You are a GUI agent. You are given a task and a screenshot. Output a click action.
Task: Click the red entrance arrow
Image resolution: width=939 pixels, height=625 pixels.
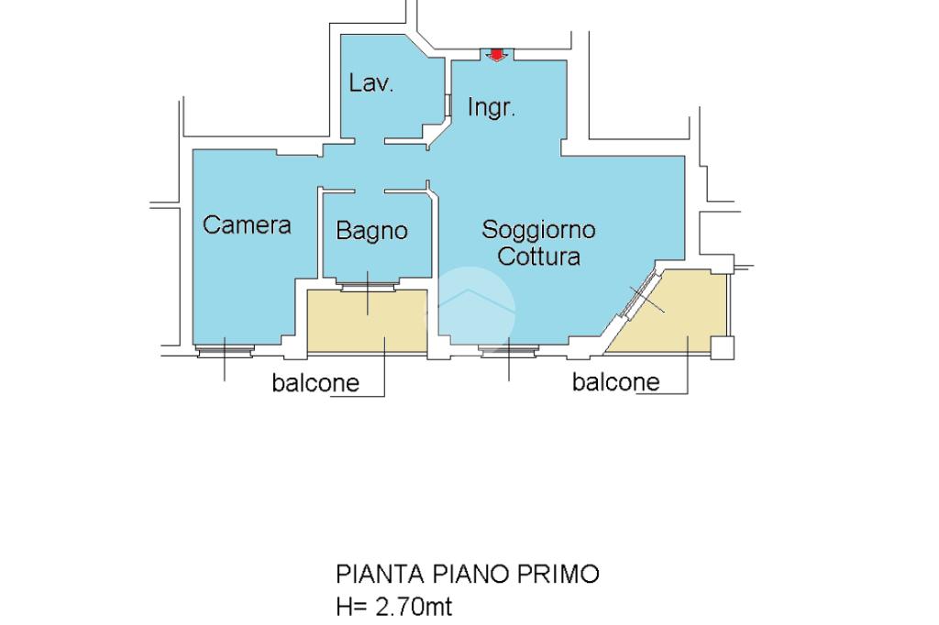(496, 54)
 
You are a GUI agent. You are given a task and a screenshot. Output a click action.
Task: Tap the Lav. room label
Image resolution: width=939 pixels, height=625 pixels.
(371, 82)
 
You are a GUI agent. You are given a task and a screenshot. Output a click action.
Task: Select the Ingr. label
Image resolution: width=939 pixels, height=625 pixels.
(492, 108)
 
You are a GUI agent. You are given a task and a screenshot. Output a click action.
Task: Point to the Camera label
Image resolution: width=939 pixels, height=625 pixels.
(247, 225)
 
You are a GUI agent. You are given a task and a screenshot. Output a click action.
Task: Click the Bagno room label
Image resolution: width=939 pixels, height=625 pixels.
(372, 231)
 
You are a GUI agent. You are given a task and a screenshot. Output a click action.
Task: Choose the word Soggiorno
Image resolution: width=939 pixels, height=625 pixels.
(538, 230)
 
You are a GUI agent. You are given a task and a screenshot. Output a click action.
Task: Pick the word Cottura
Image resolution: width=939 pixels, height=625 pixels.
(538, 257)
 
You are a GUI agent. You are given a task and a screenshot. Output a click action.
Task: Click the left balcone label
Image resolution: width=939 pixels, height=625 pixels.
(315, 383)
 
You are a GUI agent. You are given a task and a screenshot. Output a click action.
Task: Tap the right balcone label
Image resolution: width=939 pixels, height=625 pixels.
(615, 382)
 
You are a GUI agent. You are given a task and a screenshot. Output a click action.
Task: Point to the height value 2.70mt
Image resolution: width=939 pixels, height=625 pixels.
(414, 607)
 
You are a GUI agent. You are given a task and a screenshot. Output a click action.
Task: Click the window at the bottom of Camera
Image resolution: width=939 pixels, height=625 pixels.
(226, 351)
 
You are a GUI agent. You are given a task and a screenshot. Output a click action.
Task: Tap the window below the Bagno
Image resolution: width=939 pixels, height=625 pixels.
(368, 285)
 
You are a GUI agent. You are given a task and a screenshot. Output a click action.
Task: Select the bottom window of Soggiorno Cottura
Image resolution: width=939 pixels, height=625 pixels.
(508, 351)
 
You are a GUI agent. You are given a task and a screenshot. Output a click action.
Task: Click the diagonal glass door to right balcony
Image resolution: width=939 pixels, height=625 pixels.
(639, 294)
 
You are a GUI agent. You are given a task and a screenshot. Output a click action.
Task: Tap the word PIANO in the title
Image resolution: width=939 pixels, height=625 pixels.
(470, 574)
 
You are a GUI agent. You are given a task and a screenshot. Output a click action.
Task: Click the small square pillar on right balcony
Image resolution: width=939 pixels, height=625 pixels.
(722, 348)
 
